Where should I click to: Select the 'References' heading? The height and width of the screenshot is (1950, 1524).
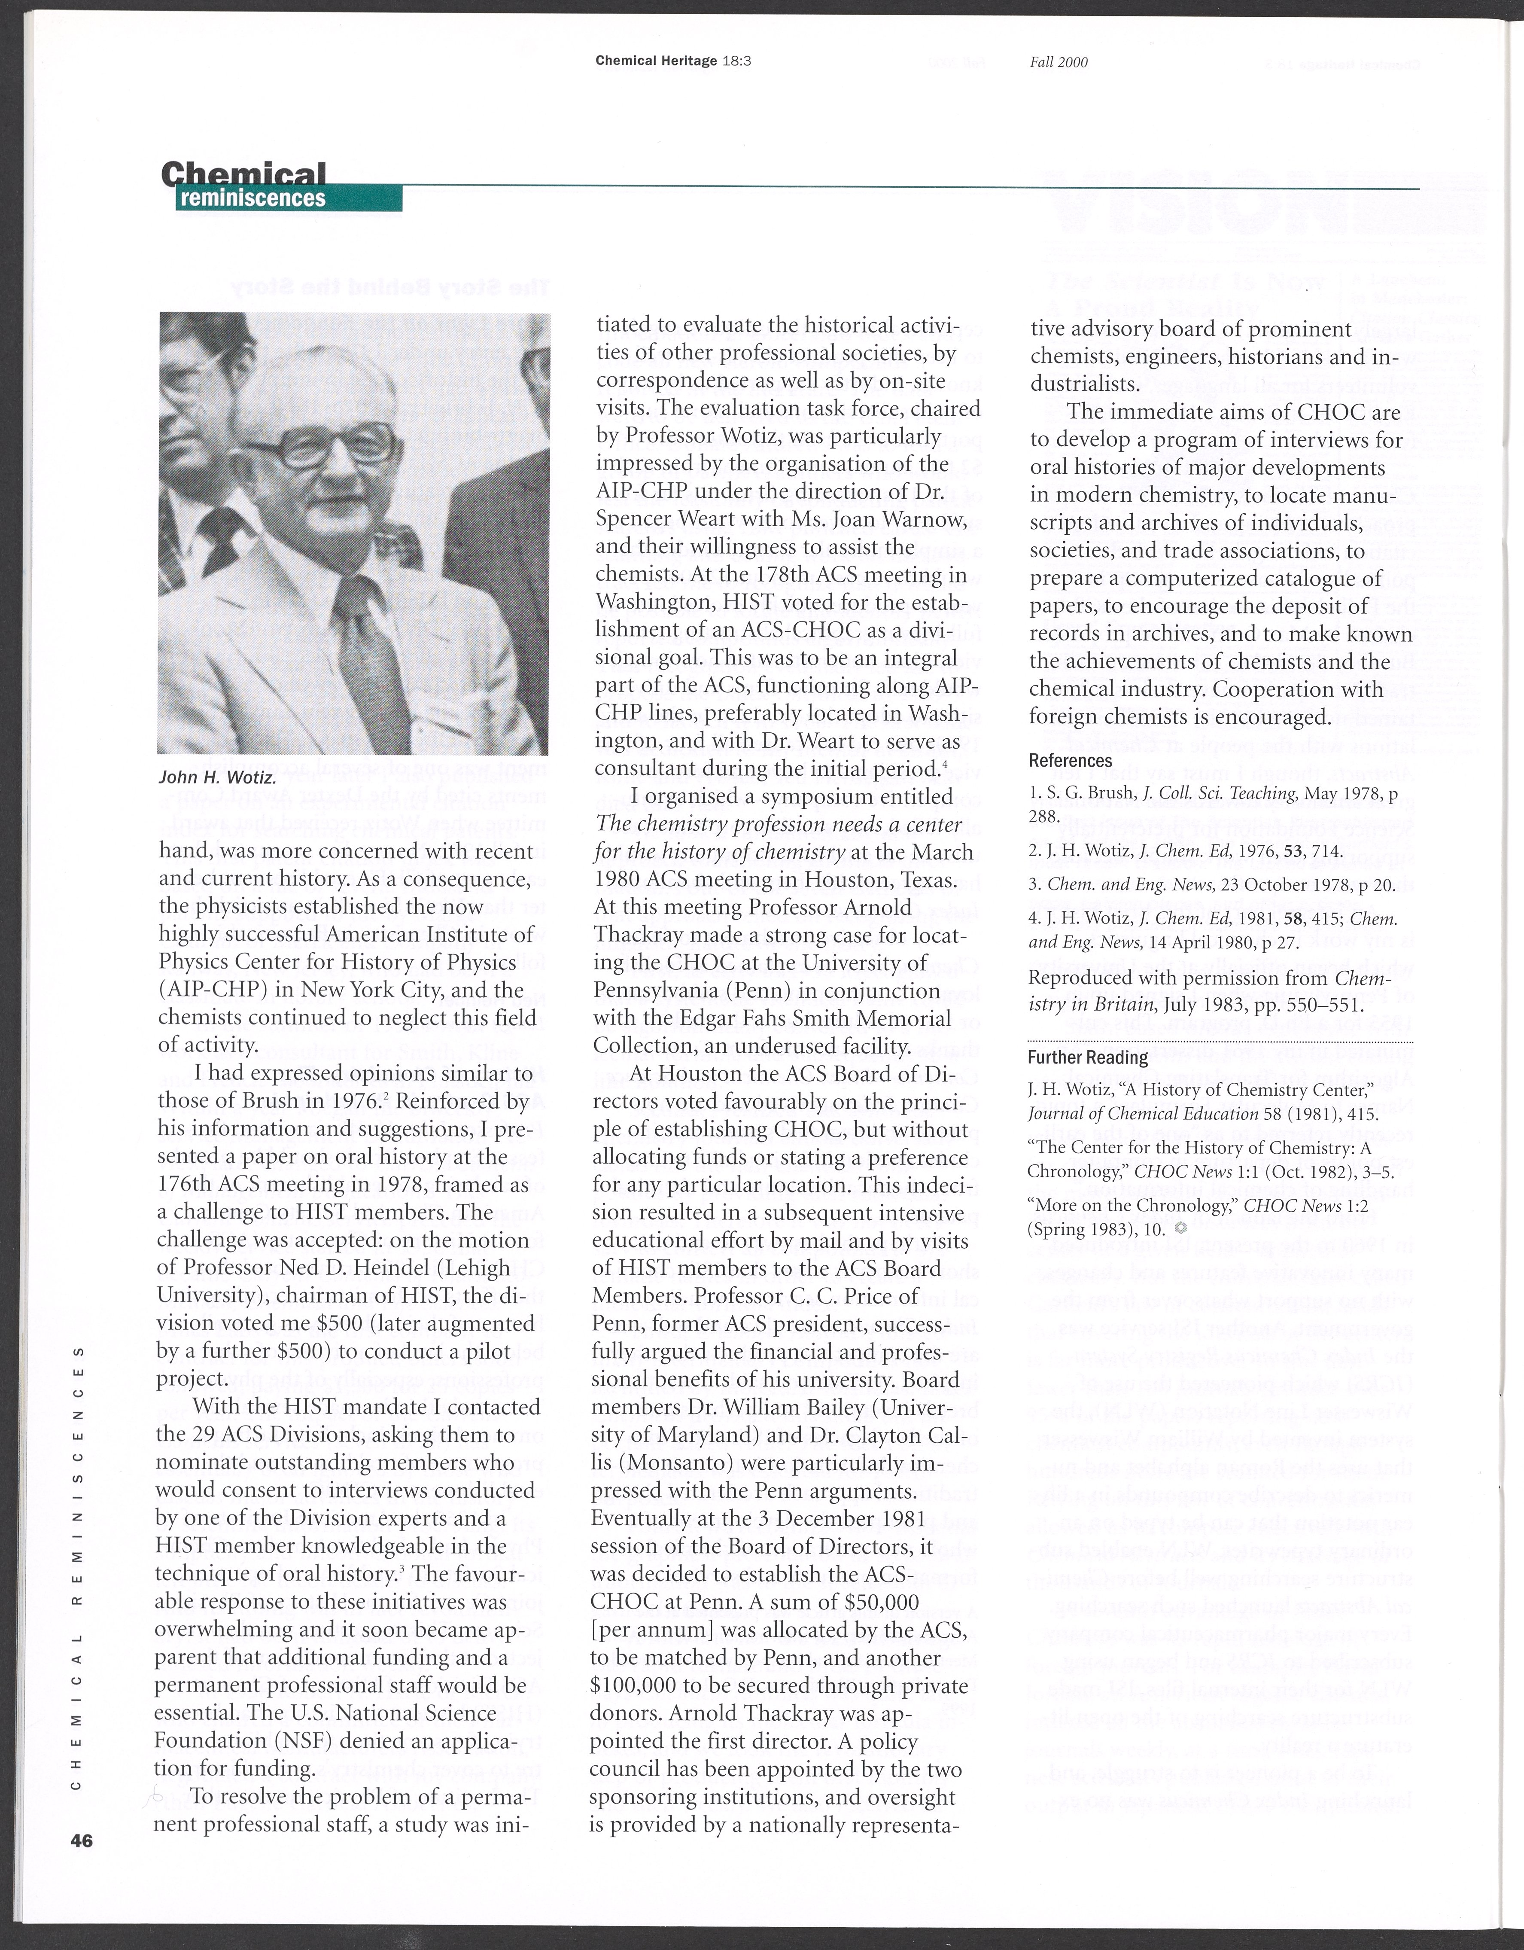coord(1071,761)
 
